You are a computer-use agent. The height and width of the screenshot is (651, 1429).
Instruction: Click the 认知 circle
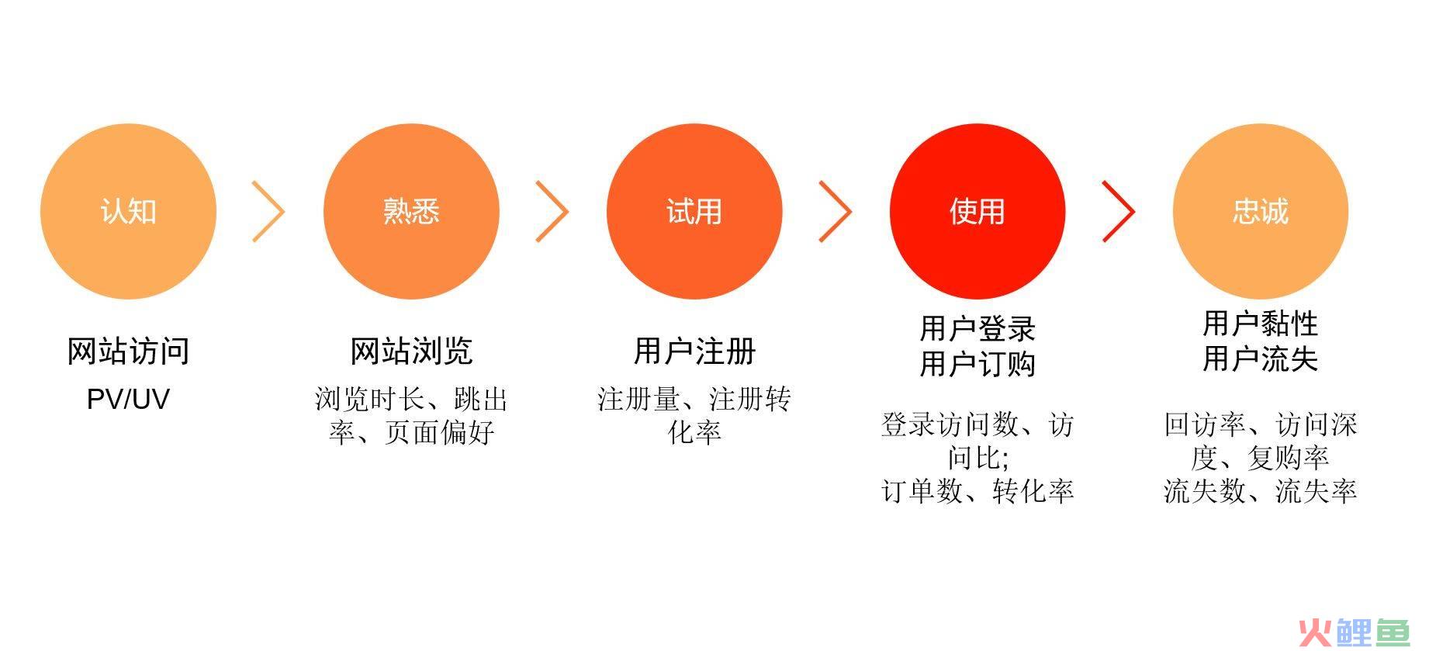(x=128, y=212)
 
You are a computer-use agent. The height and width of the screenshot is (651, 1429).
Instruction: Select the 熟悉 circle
(x=411, y=212)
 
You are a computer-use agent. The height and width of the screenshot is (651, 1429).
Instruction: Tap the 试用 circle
(x=694, y=212)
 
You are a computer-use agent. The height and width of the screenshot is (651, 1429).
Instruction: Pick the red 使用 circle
(x=977, y=212)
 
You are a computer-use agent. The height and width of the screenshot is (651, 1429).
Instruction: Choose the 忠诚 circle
(x=1261, y=212)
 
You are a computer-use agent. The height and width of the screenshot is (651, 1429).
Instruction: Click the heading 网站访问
(x=128, y=351)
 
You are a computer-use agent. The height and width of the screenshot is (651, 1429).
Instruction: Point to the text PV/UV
(x=128, y=400)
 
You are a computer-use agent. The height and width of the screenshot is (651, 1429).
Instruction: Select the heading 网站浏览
(x=411, y=351)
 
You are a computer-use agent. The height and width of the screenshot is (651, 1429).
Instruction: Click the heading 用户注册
(x=694, y=351)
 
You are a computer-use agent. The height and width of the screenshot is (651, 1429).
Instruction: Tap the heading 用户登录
(x=977, y=328)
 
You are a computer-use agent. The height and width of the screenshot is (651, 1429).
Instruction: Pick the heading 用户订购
(x=977, y=363)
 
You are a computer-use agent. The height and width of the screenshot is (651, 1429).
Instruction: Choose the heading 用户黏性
(x=1261, y=324)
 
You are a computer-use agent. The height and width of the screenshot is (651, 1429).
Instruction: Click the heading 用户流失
(x=1261, y=359)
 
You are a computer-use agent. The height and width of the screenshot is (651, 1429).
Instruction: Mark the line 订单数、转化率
(x=977, y=491)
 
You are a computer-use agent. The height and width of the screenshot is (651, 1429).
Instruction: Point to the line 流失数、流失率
(x=1261, y=491)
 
